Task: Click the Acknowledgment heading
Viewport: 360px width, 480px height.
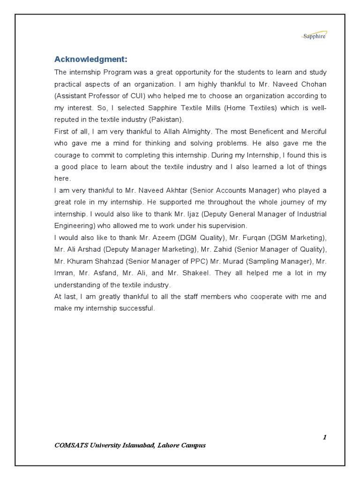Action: tap(91, 59)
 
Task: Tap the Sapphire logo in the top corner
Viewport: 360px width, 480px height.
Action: tap(314, 36)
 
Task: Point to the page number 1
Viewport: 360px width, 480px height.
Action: tap(324, 437)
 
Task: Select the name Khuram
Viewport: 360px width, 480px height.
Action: tap(79, 261)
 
